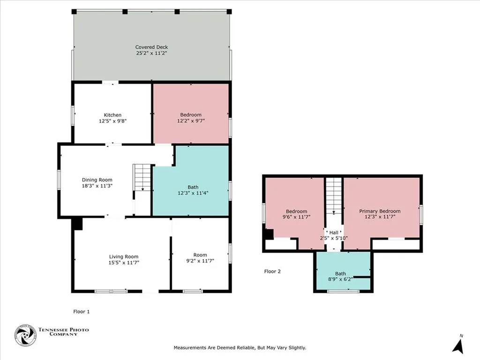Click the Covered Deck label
point(151,47)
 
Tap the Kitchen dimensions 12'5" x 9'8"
point(112,121)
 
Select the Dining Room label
point(97,180)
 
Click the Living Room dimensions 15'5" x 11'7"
point(124,262)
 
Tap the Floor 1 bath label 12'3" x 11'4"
point(193,193)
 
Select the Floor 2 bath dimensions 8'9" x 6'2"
point(340,279)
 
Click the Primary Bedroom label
point(380,211)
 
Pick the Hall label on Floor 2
point(333,232)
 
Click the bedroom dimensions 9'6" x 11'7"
point(296,217)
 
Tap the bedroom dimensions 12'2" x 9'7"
point(191,121)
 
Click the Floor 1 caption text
point(81,311)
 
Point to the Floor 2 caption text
point(272,271)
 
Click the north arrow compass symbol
point(458,345)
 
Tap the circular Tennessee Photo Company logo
point(25,336)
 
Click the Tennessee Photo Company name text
point(63,332)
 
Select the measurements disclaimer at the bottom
point(240,347)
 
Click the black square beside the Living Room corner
point(78,224)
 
